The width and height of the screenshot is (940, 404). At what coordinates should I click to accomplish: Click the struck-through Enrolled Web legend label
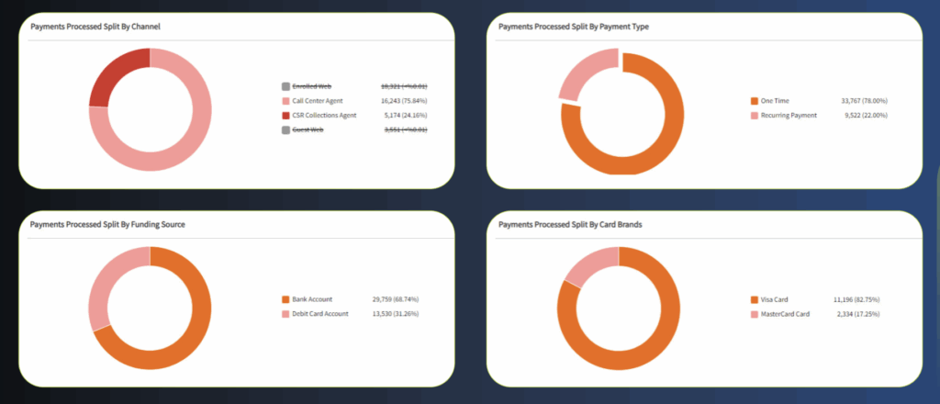[x=311, y=85]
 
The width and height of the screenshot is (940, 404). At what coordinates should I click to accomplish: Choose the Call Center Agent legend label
[x=318, y=100]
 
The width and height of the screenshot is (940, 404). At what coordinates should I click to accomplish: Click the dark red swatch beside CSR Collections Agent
[x=286, y=115]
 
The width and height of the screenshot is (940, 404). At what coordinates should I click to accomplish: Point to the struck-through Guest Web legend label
[x=308, y=129]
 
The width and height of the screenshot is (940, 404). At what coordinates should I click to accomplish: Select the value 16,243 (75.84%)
[x=404, y=100]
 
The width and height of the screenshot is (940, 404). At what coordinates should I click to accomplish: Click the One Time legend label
[x=777, y=100]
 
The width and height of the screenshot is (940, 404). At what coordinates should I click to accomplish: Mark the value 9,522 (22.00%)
[x=864, y=115]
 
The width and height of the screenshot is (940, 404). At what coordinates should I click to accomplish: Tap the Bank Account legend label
[x=313, y=298]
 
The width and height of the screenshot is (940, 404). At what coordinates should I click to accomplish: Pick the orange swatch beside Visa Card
[x=755, y=298]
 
